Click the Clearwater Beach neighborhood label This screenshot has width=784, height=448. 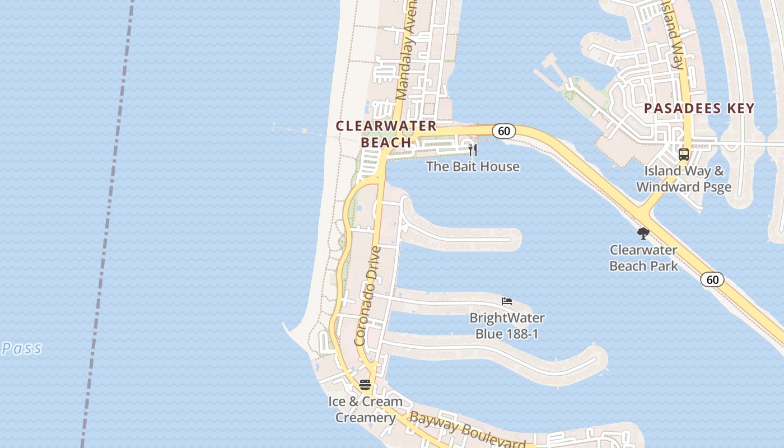pyautogui.click(x=386, y=134)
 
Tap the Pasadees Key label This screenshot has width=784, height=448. pyautogui.click(x=699, y=108)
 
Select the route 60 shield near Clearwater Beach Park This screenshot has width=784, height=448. pyautogui.click(x=712, y=279)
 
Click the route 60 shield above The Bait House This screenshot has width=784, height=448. pyautogui.click(x=504, y=131)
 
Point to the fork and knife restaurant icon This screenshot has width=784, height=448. pyautogui.click(x=473, y=150)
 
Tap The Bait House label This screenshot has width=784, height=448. pyautogui.click(x=473, y=166)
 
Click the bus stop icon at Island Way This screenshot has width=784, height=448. pyautogui.click(x=683, y=155)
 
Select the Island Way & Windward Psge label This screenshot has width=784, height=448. pyautogui.click(x=684, y=179)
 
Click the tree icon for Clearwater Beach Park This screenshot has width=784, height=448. pyautogui.click(x=643, y=233)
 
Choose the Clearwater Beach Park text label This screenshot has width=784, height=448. pyautogui.click(x=643, y=258)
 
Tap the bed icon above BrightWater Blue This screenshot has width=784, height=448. pyautogui.click(x=507, y=301)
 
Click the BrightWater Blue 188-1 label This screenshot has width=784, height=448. pyautogui.click(x=507, y=326)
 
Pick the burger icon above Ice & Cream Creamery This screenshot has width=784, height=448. pyautogui.click(x=365, y=385)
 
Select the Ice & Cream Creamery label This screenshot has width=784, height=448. pyautogui.click(x=365, y=409)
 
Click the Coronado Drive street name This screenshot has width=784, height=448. pyautogui.click(x=368, y=296)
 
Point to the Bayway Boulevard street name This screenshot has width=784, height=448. pyautogui.click(x=468, y=430)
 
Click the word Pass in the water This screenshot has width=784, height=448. pyautogui.click(x=22, y=348)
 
